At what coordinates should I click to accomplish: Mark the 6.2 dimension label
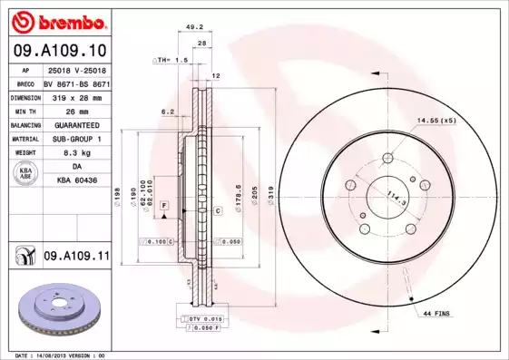click(x=167, y=112)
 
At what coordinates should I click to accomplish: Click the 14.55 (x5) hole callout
click(x=436, y=120)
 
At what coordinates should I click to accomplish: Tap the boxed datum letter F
click(x=164, y=208)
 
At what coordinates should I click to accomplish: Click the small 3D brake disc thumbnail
click(x=55, y=309)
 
